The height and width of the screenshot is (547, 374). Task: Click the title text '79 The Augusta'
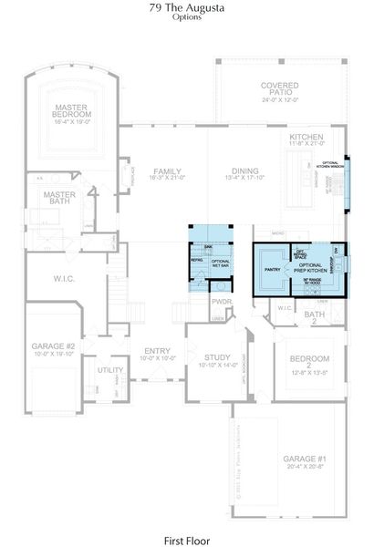(187, 7)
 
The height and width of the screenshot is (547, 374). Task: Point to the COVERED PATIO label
(279, 88)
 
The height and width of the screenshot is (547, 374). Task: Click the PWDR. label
(222, 301)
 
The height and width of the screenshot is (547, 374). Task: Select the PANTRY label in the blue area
(272, 270)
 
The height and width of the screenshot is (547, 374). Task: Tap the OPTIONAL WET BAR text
(220, 264)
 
